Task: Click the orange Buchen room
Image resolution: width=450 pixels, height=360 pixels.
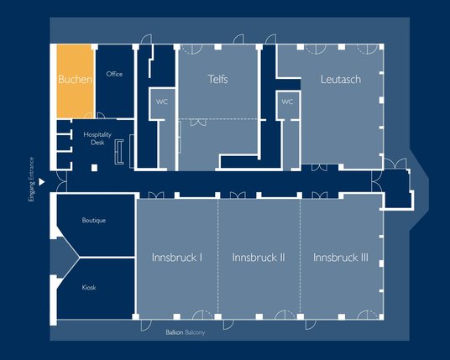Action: [76, 81]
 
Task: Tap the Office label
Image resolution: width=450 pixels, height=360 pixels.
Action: [114, 74]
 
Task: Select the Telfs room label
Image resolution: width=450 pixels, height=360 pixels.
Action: [217, 79]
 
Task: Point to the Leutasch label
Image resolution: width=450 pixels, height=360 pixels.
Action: [341, 80]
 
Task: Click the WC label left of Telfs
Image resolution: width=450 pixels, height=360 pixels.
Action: [162, 102]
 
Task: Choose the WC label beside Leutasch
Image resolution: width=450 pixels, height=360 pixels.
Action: [287, 102]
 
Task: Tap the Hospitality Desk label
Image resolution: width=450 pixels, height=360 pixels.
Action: [97, 138]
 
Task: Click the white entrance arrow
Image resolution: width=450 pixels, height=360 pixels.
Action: [42, 182]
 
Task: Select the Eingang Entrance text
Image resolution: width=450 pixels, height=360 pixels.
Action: [31, 180]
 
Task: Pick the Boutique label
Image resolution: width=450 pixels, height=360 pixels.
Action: [94, 221]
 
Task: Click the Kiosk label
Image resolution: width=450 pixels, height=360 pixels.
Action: [89, 288]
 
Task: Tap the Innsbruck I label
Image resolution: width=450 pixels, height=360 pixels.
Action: [177, 258]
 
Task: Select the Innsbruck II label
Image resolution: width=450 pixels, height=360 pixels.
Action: [259, 258]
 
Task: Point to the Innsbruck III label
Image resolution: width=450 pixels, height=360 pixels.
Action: [341, 258]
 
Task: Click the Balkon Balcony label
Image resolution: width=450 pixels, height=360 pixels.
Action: [186, 332]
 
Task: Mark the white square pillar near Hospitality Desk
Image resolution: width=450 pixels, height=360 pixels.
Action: [94, 168]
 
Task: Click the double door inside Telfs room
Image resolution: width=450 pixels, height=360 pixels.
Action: [198, 123]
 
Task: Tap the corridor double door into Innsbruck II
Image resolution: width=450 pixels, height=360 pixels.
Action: [238, 196]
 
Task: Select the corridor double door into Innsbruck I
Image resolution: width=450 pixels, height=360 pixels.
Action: [156, 196]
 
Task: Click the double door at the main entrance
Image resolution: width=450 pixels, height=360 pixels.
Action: [62, 181]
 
